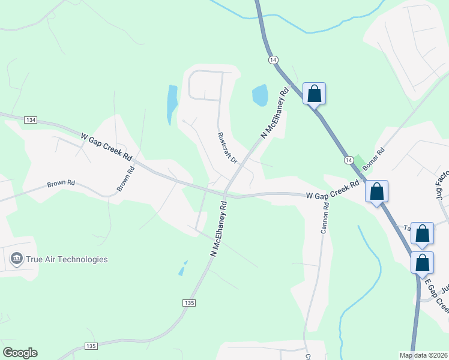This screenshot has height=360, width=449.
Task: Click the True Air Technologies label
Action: pyautogui.click(x=66, y=260)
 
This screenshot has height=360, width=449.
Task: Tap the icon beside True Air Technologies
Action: pyautogui.click(x=16, y=260)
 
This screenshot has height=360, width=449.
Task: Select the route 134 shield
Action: pyautogui.click(x=31, y=120)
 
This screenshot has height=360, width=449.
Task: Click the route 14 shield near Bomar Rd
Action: pyautogui.click(x=349, y=160)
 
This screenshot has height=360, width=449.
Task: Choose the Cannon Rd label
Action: pyautogui.click(x=325, y=218)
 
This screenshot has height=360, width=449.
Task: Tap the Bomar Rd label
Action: pyautogui.click(x=372, y=160)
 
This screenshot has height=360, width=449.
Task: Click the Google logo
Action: pyautogui.click(x=20, y=352)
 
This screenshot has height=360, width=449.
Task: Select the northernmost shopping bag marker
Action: pyautogui.click(x=314, y=94)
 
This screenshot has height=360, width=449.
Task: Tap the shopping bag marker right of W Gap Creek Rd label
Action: pyautogui.click(x=377, y=191)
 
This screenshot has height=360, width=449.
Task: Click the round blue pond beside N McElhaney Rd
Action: pyautogui.click(x=260, y=95)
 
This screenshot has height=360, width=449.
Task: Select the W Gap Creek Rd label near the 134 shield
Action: pyautogui.click(x=106, y=146)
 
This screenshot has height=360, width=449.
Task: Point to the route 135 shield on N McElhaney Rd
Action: pyautogui.click(x=189, y=304)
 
